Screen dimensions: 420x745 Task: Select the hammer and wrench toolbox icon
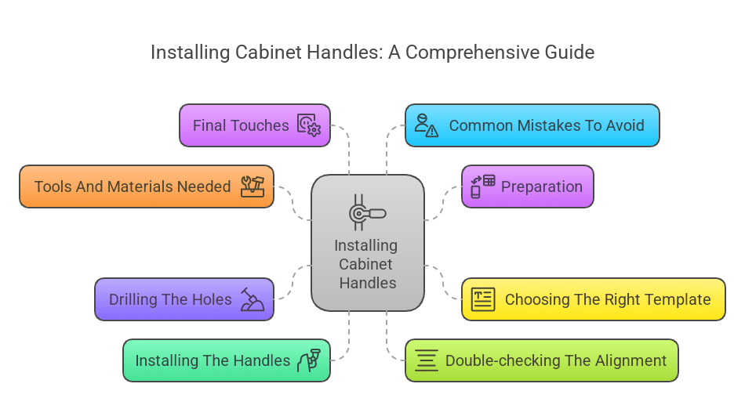pos(253,186)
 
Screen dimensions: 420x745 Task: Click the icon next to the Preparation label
pos(482,186)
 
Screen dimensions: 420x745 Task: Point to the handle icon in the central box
pos(368,213)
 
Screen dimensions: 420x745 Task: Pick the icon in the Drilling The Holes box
pos(253,299)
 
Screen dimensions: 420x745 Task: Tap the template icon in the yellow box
pos(483,299)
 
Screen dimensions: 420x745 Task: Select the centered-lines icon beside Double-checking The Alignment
pos(427,360)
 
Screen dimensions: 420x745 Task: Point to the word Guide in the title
pos(572,52)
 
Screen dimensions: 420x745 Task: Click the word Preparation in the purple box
pos(542,186)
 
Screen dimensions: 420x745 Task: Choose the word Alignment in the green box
pos(628,360)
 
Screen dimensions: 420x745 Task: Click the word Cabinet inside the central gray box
pos(365,264)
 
